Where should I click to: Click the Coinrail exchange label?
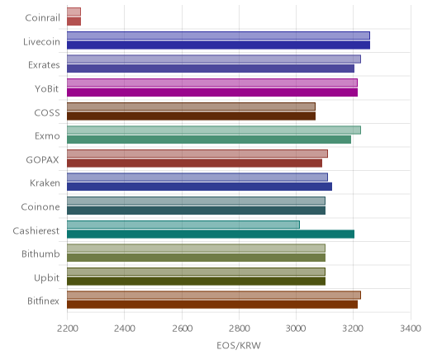[x=42, y=18]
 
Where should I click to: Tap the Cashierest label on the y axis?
[x=36, y=230]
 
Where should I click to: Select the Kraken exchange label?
[x=45, y=183]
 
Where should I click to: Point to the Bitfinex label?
[x=43, y=301]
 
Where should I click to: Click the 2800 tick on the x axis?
[x=239, y=329]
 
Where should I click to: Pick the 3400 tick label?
[x=411, y=329]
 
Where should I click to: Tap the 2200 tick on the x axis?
[x=67, y=329]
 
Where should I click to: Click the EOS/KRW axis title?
[x=239, y=345]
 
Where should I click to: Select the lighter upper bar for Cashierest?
[x=183, y=225]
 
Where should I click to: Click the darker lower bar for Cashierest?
[x=211, y=234]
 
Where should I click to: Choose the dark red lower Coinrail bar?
[x=74, y=21]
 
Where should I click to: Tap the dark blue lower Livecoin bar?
[x=218, y=45]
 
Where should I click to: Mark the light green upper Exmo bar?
[x=214, y=130]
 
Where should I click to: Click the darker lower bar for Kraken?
[x=199, y=187]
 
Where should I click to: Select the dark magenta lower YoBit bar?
[x=212, y=92]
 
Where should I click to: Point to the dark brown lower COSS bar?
[x=191, y=116]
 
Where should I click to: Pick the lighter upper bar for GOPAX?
[x=197, y=154]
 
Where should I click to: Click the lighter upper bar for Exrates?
[x=214, y=59]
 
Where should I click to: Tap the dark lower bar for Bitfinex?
[x=212, y=305]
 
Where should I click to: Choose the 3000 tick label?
[x=297, y=329]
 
